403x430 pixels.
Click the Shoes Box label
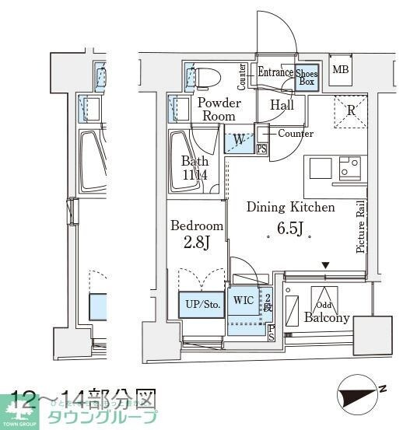click(x=307, y=78)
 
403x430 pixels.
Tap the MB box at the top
click(x=341, y=71)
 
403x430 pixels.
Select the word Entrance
click(x=275, y=73)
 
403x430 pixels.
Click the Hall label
click(x=282, y=105)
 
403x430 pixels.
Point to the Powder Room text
click(x=219, y=109)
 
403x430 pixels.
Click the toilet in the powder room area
click(x=205, y=78)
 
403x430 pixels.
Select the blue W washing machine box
click(x=239, y=141)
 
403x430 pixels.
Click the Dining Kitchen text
click(x=290, y=208)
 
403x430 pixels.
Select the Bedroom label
click(x=197, y=225)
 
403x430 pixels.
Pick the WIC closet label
click(x=244, y=301)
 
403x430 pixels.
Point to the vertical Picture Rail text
click(x=360, y=226)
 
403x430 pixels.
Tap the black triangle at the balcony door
click(x=326, y=266)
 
